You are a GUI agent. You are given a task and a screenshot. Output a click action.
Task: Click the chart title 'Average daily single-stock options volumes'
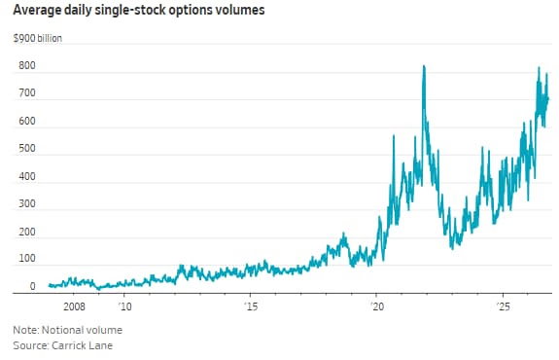click(139, 10)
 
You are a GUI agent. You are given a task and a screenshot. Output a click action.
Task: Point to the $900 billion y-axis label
click(38, 38)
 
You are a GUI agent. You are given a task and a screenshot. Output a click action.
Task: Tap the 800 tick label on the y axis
click(27, 65)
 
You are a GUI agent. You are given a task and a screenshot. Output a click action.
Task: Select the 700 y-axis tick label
click(27, 93)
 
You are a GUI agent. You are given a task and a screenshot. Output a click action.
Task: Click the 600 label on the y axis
click(27, 121)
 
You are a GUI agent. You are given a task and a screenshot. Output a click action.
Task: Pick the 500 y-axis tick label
click(27, 149)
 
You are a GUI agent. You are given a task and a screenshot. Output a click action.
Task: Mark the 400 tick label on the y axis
click(27, 176)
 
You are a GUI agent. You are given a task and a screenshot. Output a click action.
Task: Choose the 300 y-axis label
click(27, 203)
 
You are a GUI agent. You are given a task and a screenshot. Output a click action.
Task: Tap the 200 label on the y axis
click(27, 232)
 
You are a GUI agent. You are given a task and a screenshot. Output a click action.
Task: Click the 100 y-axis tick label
click(27, 258)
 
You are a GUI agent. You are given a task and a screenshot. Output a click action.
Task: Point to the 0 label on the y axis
click(32, 286)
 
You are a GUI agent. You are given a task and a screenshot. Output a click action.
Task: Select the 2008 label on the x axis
click(74, 306)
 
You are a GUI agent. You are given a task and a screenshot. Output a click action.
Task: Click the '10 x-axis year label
click(124, 306)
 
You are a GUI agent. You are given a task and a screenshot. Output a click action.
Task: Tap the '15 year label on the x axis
click(251, 306)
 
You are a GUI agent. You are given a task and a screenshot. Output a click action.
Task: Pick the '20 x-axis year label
click(377, 306)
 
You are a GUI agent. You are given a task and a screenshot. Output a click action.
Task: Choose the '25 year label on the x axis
click(504, 306)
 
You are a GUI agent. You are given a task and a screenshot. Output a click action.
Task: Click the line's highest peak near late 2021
click(424, 65)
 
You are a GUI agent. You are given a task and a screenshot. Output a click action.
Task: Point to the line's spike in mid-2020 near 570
click(394, 135)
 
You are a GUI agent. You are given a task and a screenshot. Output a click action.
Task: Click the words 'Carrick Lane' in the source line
click(82, 345)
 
